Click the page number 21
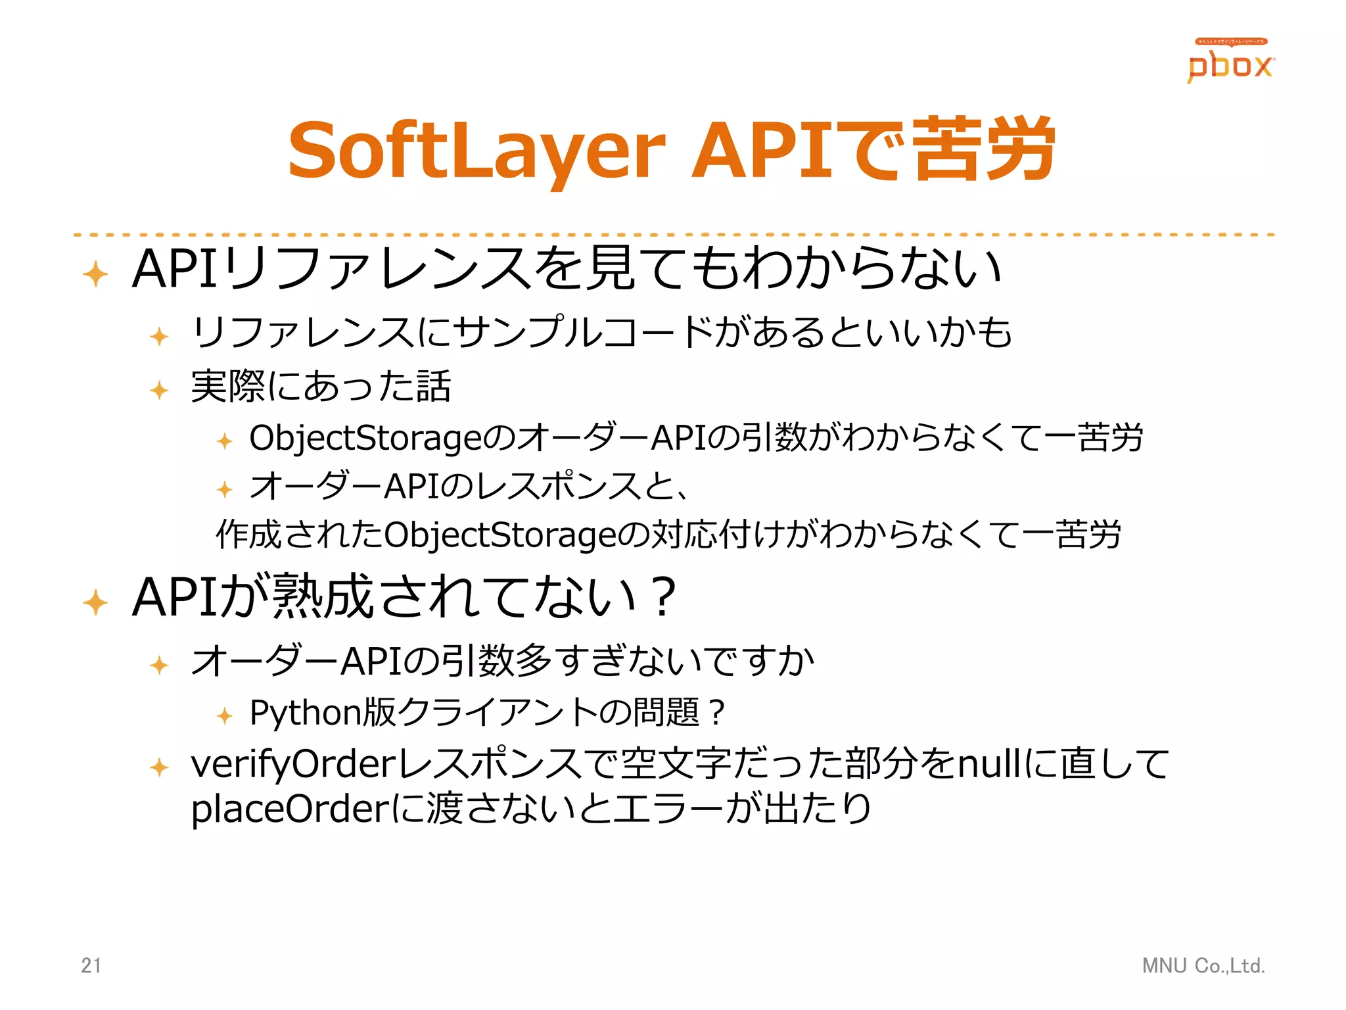91,965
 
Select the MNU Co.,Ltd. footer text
1203,965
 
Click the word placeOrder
290,809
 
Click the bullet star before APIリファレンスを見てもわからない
96,274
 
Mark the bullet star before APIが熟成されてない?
96,602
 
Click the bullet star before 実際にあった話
160,390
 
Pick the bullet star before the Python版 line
225,715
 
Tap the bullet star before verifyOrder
160,767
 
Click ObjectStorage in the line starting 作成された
499,534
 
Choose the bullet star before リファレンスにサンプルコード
160,337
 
